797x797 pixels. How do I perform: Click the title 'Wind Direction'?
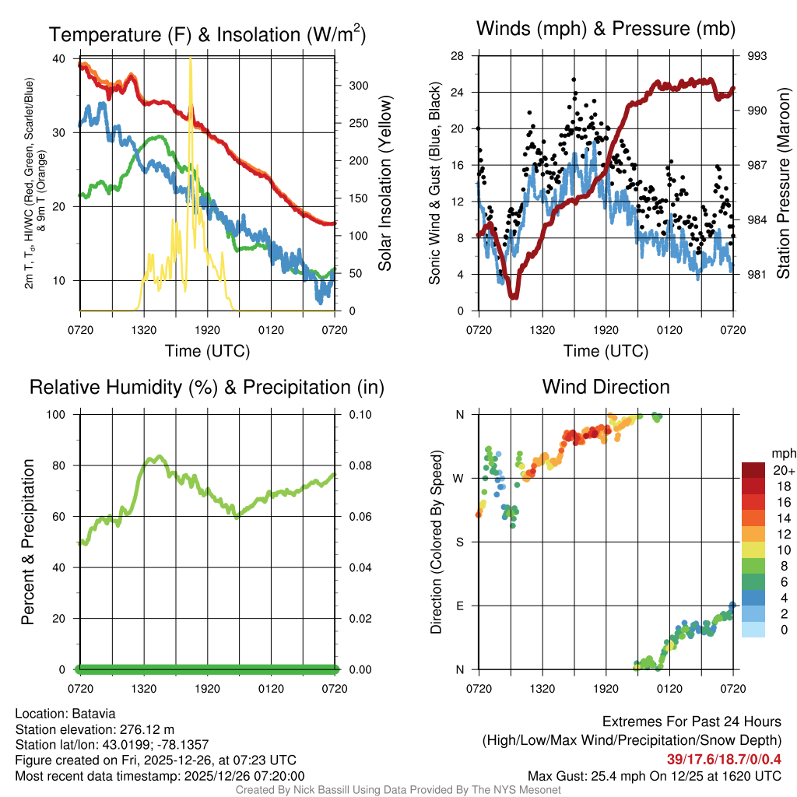tap(606, 387)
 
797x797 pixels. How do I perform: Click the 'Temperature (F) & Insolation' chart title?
tap(207, 35)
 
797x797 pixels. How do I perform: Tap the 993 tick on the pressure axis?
tap(757, 56)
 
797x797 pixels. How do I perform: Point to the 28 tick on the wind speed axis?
tap(458, 56)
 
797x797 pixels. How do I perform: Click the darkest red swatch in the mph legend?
tap(755, 470)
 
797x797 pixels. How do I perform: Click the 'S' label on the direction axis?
tap(460, 542)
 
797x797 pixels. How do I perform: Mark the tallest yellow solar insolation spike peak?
tap(191, 59)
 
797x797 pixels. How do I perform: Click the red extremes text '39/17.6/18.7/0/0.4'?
tap(724, 760)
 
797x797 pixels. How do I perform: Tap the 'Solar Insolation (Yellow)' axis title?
tap(384, 184)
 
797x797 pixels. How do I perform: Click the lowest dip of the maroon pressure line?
tap(514, 297)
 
